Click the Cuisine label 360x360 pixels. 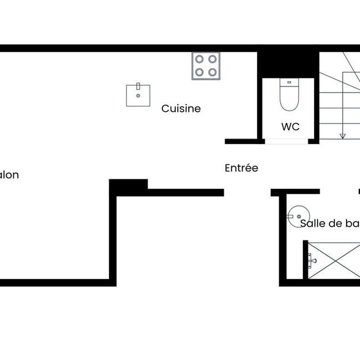tap(181, 109)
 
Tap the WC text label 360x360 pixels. tap(290, 126)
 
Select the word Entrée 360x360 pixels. tap(241, 168)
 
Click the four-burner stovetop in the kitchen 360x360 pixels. tap(205, 65)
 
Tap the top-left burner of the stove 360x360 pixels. tap(199, 59)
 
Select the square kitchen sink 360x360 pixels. tap(138, 95)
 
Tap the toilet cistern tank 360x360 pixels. tap(288, 83)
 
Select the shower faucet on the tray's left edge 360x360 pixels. tap(311, 259)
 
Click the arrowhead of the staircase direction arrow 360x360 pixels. tap(343, 135)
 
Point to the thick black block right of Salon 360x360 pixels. tap(128, 185)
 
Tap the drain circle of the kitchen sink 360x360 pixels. tap(138, 94)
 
